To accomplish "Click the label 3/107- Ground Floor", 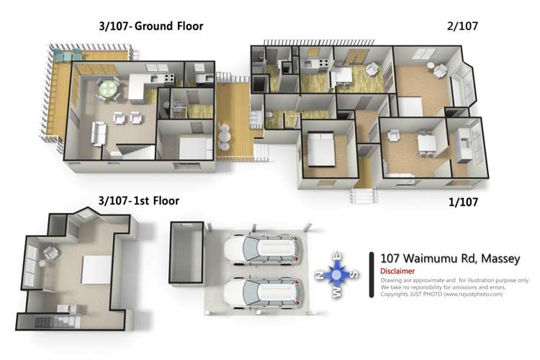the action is click(x=151, y=26).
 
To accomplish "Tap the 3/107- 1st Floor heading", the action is click(x=139, y=201).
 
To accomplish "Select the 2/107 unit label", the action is click(x=462, y=26).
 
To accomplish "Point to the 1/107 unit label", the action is click(x=463, y=202).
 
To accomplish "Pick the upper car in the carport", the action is click(x=261, y=249).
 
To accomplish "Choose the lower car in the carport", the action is click(x=261, y=293).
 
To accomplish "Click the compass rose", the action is click(x=337, y=274).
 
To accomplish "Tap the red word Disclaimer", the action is click(x=397, y=271).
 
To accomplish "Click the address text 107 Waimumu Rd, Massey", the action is click(x=450, y=258).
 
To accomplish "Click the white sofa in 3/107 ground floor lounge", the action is click(x=99, y=133).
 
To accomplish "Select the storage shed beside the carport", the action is click(x=186, y=253).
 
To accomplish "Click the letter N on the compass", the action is click(x=320, y=274).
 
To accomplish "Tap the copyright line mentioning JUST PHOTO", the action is click(x=441, y=294).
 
